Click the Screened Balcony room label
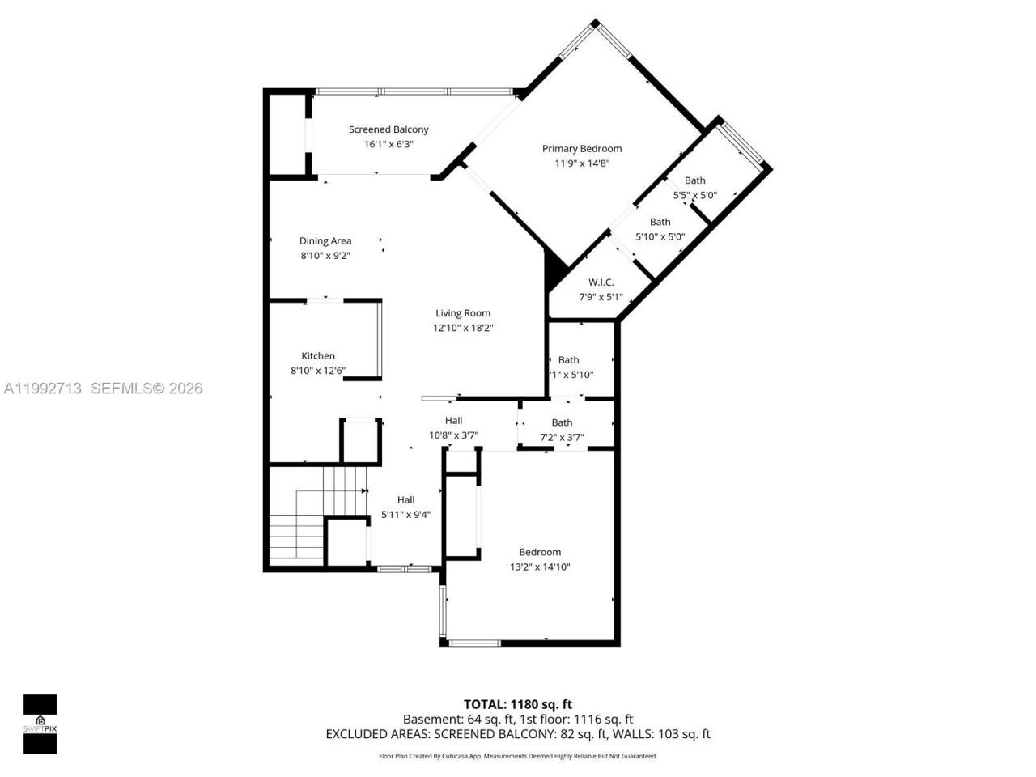(388, 129)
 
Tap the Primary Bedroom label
(581, 149)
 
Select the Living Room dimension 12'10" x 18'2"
(463, 328)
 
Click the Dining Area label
(325, 240)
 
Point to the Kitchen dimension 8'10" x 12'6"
(318, 371)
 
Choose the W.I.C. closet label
(601, 282)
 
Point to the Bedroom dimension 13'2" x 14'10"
(540, 567)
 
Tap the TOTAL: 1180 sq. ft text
(517, 704)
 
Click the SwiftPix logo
(40, 723)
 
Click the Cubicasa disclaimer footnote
(518, 756)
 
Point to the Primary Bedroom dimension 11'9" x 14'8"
(581, 163)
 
